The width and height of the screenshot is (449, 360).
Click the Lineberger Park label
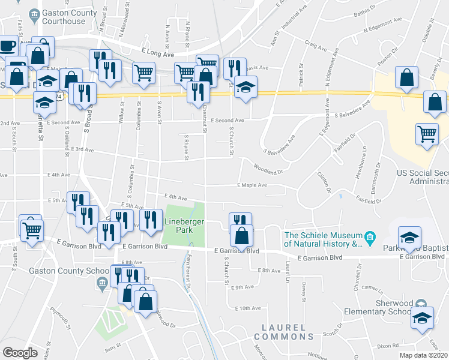tap(181, 226)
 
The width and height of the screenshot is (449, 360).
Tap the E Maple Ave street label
tap(252, 185)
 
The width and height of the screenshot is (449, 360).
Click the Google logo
tap(20, 352)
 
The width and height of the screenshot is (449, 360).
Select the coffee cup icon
tap(8, 46)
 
